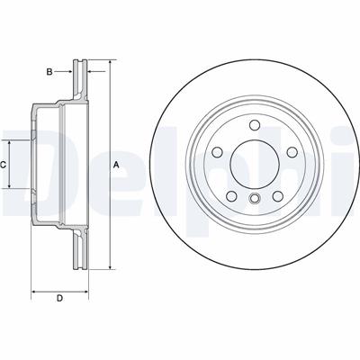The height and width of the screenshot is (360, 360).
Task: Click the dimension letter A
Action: point(116,165)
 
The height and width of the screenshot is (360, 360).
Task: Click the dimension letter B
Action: point(49,72)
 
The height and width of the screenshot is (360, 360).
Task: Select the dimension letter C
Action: point(3,165)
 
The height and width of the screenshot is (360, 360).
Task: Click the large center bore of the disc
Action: point(255,164)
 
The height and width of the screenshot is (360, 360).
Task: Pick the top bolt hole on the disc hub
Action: point(255,125)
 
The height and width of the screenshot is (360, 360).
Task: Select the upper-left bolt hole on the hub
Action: point(218,152)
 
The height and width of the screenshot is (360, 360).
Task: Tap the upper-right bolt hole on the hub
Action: point(292,152)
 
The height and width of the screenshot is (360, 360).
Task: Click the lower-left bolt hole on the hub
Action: point(231,196)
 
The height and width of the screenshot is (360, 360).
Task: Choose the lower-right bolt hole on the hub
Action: point(278,196)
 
